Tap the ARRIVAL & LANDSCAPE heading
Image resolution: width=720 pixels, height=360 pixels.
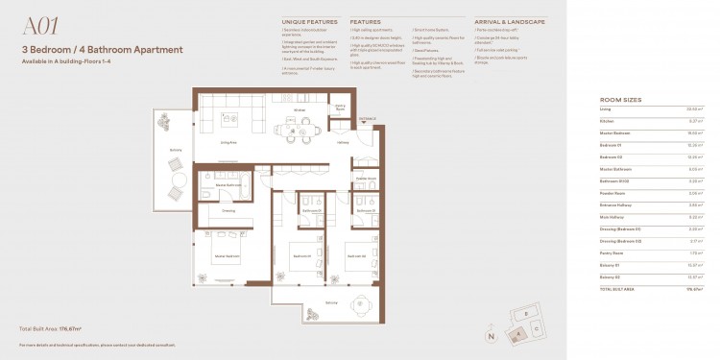point(510,20)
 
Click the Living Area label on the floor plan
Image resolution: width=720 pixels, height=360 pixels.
point(229,142)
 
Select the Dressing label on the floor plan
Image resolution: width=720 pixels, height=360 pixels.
point(228,209)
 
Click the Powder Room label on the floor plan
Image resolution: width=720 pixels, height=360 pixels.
point(365,179)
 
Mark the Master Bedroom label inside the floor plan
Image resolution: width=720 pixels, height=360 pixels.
point(228,255)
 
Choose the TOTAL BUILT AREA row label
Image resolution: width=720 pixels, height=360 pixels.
point(618,287)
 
